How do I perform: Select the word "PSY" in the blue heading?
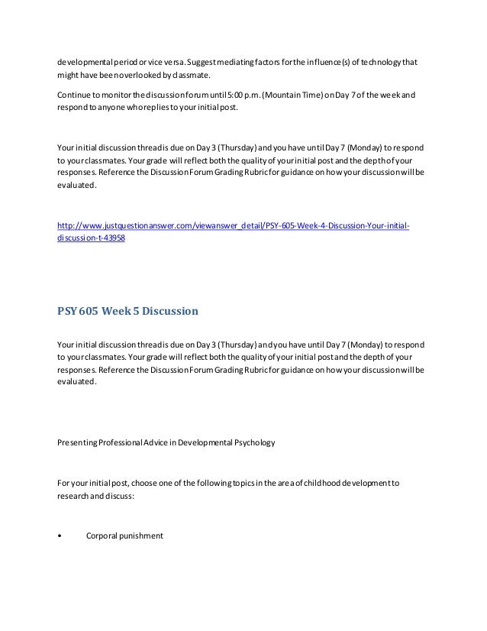[x=68, y=311]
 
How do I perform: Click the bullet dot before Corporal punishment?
[x=60, y=536]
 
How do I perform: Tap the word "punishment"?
[x=142, y=536]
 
